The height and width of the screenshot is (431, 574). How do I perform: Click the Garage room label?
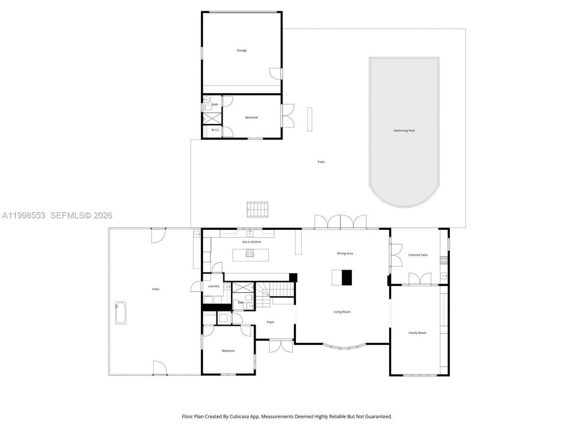click(242, 51)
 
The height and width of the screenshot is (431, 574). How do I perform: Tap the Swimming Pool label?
click(404, 131)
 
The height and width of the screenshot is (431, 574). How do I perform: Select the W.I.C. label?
click(215, 130)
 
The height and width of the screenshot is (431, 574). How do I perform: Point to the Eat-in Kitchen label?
click(252, 242)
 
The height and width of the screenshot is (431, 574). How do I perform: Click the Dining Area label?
click(345, 254)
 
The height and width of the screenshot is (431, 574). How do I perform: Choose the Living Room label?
click(342, 312)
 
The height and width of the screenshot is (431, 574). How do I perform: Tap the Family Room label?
click(417, 333)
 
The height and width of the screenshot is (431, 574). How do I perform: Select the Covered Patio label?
click(417, 255)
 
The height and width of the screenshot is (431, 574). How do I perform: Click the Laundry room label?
click(214, 286)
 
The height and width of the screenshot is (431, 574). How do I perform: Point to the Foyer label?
click(270, 322)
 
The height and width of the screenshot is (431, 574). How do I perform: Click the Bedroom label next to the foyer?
click(228, 351)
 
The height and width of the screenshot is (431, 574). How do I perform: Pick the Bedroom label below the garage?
click(252, 118)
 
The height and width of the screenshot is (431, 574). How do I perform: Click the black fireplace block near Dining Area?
click(347, 277)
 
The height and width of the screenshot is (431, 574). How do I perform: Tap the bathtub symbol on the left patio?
click(121, 313)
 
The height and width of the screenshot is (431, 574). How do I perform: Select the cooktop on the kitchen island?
click(250, 253)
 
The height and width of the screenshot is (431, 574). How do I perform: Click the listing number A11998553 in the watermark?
click(24, 215)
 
